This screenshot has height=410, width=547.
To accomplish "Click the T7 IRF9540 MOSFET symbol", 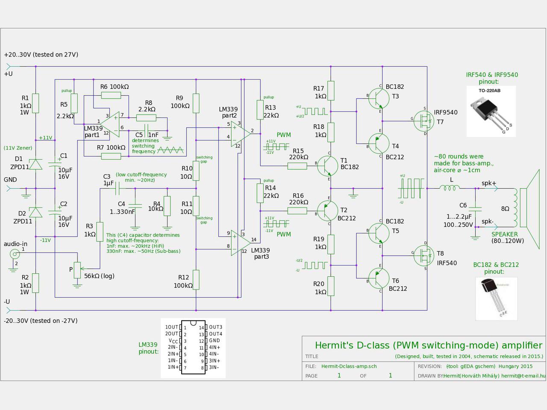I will click(423, 121).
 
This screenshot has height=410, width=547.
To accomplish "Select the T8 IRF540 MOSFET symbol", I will click(423, 255).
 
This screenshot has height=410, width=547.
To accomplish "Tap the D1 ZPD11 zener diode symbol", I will click(35, 164).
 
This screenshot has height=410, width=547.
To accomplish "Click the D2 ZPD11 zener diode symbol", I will click(35, 212).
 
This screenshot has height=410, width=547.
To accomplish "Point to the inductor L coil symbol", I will click(452, 187).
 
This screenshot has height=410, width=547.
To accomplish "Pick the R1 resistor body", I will click(35, 103).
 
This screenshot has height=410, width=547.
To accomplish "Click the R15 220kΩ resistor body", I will click(297, 166).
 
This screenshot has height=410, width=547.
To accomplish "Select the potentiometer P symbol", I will click(77, 269).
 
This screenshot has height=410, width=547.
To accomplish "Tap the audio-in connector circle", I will click(15, 255).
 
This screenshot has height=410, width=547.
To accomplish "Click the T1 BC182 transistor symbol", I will click(328, 166).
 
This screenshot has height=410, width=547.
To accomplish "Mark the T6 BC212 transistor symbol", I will click(379, 278).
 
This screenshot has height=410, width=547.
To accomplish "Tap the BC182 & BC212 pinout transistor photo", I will click(496, 299).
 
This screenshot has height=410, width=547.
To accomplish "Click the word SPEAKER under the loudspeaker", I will click(504, 234).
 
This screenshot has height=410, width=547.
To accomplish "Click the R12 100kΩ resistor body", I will click(196, 280).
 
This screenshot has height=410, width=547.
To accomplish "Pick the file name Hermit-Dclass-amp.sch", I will click(349, 366).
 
